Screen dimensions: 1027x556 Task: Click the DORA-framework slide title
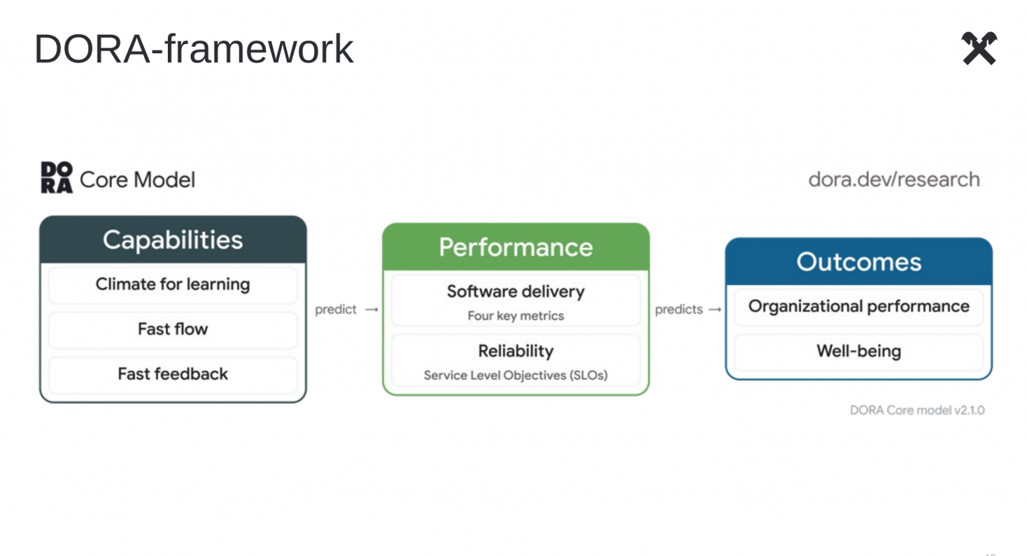tap(194, 49)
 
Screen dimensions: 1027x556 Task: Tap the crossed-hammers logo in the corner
tap(980, 48)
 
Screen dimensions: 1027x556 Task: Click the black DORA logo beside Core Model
tap(57, 178)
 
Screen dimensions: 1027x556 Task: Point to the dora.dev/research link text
tap(894, 179)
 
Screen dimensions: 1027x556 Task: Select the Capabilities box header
tap(173, 240)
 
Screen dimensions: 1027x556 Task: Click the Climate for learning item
tap(173, 284)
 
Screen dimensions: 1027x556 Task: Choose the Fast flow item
tap(173, 329)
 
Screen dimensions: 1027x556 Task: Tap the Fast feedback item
tap(173, 374)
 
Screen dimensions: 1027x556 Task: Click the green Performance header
tap(515, 247)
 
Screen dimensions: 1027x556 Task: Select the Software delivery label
tap(515, 291)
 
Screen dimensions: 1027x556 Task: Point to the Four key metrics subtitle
tap(515, 316)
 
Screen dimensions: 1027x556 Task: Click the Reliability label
tap(515, 351)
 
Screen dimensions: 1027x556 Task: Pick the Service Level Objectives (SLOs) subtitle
tap(515, 376)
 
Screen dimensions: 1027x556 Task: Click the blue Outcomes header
tap(858, 262)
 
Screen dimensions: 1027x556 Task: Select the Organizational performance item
tap(858, 306)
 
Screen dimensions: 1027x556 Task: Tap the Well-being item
tap(858, 351)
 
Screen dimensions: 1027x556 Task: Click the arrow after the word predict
tap(372, 310)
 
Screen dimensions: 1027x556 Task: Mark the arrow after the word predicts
tap(715, 310)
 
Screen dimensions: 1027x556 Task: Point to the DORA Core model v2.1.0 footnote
tap(917, 410)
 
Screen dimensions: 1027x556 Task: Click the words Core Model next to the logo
tap(138, 179)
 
